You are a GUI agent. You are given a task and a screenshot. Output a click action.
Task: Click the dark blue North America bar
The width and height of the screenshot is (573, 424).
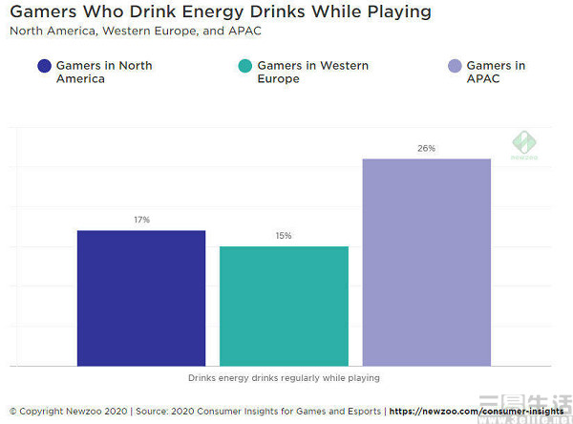point(141,297)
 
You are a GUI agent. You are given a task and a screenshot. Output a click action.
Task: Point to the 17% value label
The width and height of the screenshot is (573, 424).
point(141,220)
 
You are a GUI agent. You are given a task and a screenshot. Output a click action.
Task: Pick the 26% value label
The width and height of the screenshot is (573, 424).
point(426,148)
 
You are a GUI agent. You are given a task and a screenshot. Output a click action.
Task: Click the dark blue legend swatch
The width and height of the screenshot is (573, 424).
point(43,66)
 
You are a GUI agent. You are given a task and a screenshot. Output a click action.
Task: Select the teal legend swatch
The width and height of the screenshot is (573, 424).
point(244,66)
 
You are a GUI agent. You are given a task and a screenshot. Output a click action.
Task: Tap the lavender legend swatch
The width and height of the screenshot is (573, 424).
point(455,66)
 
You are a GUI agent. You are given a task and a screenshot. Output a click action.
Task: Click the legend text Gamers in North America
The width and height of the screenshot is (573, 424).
point(104,73)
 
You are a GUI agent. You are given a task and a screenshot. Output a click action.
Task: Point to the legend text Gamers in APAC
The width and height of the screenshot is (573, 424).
point(497,73)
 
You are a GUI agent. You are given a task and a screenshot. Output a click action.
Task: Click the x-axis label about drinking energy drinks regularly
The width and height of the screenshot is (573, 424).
point(284,378)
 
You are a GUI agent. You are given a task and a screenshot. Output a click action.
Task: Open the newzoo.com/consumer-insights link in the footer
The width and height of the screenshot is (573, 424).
point(477,411)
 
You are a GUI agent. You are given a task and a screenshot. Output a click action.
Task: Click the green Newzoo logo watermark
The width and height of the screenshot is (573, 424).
point(523,144)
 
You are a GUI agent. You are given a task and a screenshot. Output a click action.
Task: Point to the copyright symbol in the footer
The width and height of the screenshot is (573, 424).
point(13,411)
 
